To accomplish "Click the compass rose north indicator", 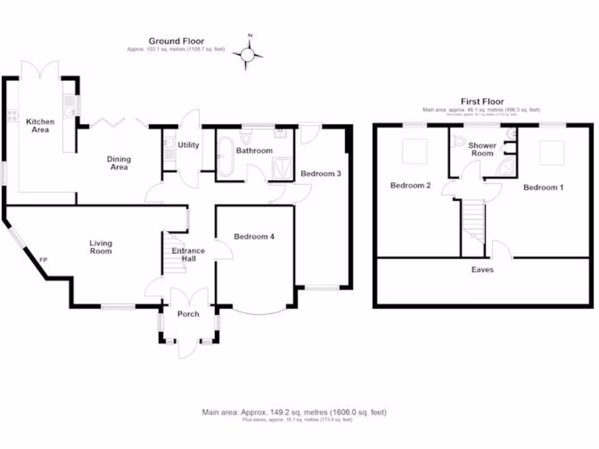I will [248, 54].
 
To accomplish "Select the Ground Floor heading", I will [176, 41].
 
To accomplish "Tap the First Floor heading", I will [481, 102].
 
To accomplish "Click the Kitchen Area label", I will [40, 126].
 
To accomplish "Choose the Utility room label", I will [188, 145].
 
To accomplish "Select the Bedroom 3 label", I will [321, 174].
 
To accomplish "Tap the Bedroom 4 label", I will [254, 237].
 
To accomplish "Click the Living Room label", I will [101, 247].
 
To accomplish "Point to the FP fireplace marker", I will [43, 260].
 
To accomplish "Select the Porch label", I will [188, 314].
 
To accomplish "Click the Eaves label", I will [483, 270].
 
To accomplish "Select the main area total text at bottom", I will [294, 412].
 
